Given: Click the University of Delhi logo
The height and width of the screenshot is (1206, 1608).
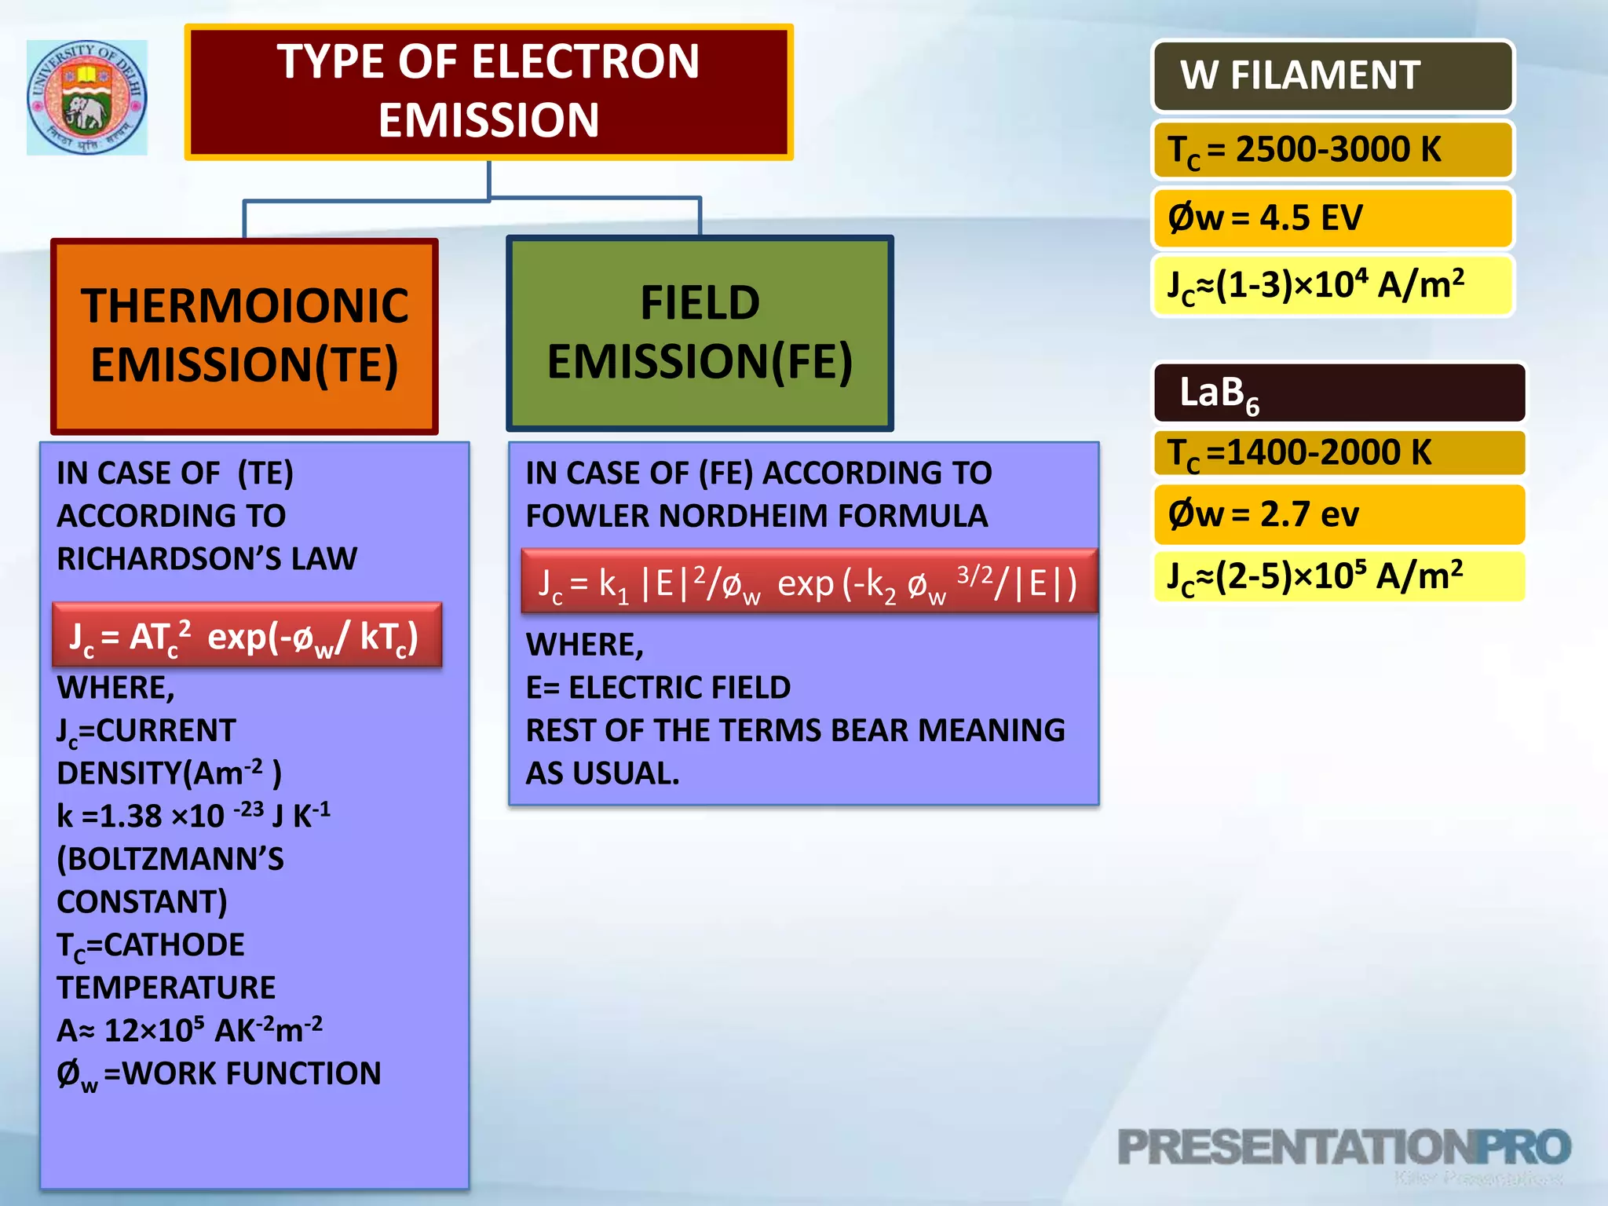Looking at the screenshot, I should point(87,97).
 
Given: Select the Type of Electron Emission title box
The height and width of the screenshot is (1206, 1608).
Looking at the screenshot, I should point(488,92).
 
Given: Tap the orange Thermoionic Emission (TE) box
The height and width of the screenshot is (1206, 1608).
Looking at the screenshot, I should point(244,336).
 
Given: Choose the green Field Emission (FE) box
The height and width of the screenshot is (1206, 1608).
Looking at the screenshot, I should point(700,333).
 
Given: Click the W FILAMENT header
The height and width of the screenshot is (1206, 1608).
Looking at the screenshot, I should point(1332,76).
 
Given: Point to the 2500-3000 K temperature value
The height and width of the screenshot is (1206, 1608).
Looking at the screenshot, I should point(1338,149).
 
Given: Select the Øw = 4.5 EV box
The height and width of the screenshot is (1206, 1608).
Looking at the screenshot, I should point(1332,217).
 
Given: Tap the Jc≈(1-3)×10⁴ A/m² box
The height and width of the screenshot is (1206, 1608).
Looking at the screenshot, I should point(1332,284).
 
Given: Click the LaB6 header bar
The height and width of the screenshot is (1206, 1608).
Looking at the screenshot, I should point(1339,392).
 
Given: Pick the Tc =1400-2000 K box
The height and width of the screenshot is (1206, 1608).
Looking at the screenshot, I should point(1339,453).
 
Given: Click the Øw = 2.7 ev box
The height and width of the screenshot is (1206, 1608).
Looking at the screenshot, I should point(1339,514).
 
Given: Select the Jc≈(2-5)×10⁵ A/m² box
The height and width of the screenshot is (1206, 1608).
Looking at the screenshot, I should point(1339,576).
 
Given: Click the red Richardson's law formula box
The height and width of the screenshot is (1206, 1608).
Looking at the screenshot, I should point(247,635).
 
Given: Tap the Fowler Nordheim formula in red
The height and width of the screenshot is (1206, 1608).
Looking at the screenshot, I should point(809,582).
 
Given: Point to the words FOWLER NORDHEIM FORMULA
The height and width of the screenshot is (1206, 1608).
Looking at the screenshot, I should point(756,516).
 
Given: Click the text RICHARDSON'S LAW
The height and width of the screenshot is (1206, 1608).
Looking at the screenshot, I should point(206,558).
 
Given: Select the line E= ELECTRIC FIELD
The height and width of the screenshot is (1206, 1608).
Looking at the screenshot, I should point(658,687).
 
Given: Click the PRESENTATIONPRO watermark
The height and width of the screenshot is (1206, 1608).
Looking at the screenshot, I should point(1343,1148).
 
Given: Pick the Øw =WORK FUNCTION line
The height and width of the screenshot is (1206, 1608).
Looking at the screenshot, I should point(219,1073).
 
